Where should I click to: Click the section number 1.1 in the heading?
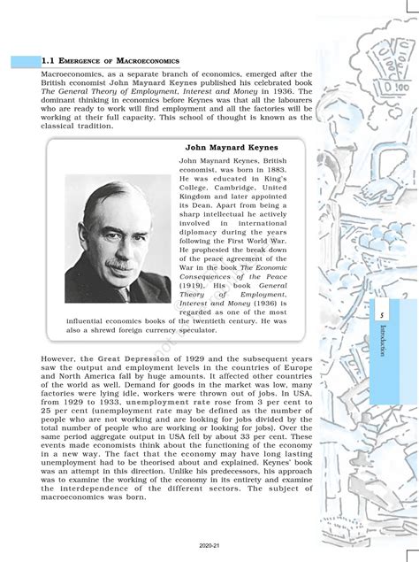click(x=48, y=61)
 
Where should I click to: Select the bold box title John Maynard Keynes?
click(x=232, y=147)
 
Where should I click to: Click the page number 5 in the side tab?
click(x=381, y=314)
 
